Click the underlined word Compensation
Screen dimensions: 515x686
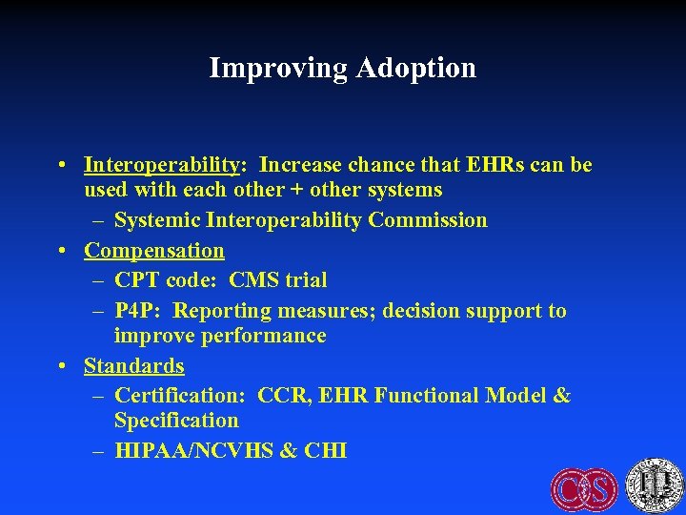(154, 251)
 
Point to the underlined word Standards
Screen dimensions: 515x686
(134, 365)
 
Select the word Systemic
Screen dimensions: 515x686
(155, 220)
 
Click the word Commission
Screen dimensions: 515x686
(428, 220)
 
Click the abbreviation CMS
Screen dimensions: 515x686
(254, 280)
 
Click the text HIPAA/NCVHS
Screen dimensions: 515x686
(192, 450)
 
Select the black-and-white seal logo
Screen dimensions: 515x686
(655, 484)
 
